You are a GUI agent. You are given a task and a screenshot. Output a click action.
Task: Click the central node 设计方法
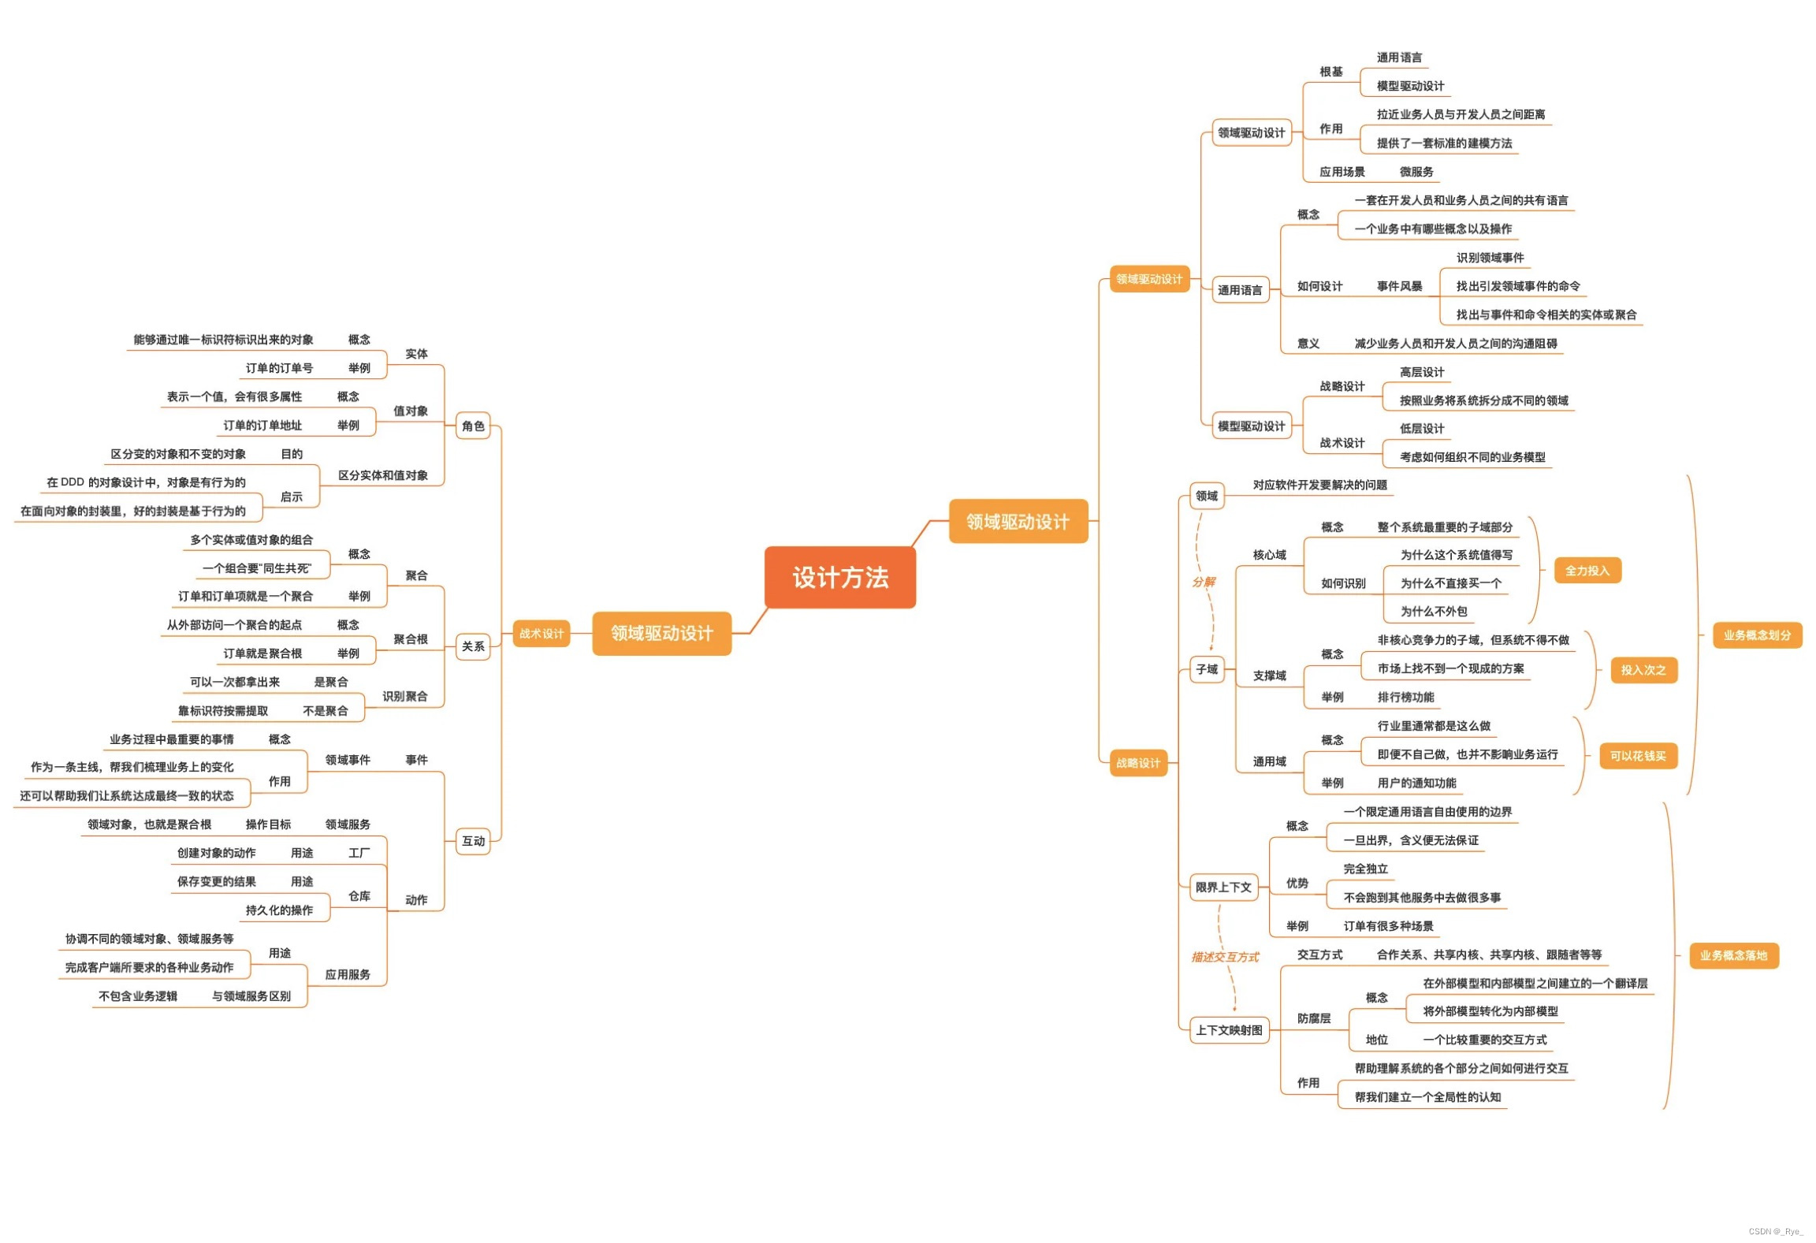pos(839,577)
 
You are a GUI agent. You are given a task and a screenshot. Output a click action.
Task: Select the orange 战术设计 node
pos(541,633)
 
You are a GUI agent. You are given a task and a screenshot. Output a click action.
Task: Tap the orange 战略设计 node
pos(1137,762)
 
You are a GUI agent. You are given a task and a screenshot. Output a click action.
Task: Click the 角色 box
pos(473,426)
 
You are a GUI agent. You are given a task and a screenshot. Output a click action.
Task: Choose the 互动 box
pos(473,840)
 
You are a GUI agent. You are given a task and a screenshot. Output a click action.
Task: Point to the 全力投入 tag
pos(1587,570)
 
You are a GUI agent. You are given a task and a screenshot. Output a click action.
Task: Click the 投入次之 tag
pos(1643,669)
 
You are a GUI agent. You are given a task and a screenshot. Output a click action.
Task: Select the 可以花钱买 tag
pos(1637,755)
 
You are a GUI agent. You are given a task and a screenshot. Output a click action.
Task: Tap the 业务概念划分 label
pos(1756,635)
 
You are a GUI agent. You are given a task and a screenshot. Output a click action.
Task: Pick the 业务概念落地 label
pos(1733,955)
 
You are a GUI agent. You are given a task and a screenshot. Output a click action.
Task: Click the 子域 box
pos(1207,669)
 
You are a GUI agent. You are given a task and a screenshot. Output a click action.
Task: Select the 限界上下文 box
pos(1223,887)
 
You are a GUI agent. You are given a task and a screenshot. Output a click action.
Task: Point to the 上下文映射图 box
pos(1229,1029)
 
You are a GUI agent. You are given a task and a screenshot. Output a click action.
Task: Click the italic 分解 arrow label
pos(1203,582)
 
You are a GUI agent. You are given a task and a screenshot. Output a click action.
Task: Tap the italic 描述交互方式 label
pos(1225,957)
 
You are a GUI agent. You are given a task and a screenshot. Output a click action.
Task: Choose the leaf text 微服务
pos(1416,171)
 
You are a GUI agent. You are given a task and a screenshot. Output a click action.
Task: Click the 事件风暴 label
pos(1399,285)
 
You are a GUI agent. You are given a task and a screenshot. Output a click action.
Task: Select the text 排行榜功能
pos(1405,697)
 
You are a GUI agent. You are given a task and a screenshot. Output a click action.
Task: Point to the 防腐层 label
pos(1313,1018)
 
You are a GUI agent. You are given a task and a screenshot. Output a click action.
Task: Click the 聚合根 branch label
pos(410,638)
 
